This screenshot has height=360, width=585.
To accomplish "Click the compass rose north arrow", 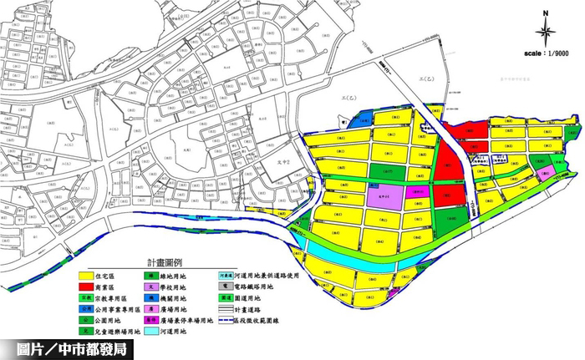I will [x=544, y=31].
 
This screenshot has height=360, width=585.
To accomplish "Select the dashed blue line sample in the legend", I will [x=224, y=320].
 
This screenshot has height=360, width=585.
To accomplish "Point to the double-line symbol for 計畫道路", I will [x=224, y=308].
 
